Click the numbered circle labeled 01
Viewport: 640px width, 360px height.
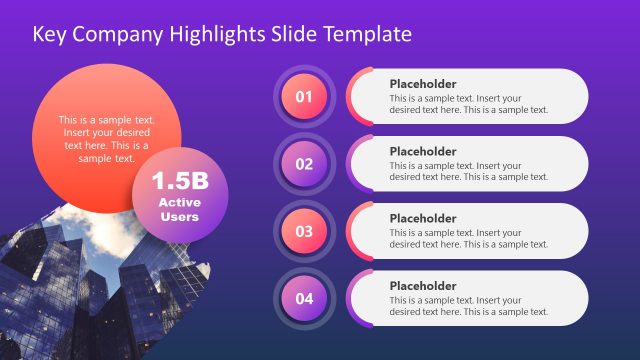[304, 97]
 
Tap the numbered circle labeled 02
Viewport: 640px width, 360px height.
[304, 164]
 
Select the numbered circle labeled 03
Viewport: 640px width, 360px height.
[304, 231]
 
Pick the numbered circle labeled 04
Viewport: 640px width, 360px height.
[304, 298]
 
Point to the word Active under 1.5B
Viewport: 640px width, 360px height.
[179, 202]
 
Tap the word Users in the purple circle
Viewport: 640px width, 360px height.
[179, 216]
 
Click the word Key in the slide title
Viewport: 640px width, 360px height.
[49, 34]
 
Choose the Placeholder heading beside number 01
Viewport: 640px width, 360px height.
[423, 84]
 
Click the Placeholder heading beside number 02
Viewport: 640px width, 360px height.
[423, 151]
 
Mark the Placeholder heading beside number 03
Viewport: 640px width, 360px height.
[423, 218]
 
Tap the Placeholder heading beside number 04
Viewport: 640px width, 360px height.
[423, 285]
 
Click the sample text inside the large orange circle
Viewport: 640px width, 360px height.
[107, 139]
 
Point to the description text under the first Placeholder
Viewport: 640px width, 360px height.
[469, 104]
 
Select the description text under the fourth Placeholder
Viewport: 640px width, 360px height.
[469, 305]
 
